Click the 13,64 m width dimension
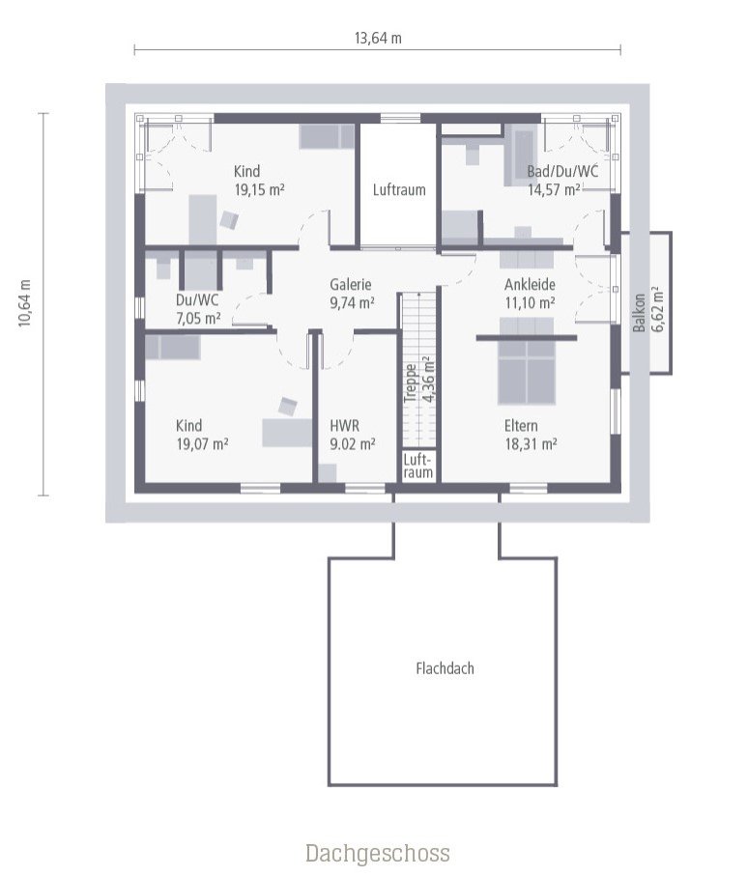click(378, 39)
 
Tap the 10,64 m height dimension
click(25, 304)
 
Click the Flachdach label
click(445, 667)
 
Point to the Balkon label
click(639, 312)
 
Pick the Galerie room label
click(350, 285)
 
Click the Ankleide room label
click(529, 285)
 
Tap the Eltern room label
click(521, 426)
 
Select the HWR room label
click(345, 426)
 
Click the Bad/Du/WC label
click(562, 172)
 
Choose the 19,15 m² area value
click(259, 190)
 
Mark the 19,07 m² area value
click(202, 444)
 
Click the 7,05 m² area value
click(197, 317)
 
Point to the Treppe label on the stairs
click(411, 382)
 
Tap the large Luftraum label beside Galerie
click(399, 190)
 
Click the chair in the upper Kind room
click(229, 220)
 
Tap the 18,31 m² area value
click(530, 444)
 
